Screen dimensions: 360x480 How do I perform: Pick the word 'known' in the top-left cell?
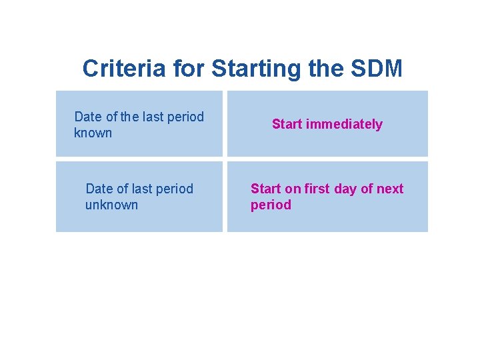tap(93, 133)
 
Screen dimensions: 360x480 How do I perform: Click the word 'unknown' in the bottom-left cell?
tap(111, 205)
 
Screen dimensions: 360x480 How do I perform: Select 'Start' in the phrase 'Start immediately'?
tap(287, 124)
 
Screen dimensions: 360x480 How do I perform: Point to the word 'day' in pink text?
tap(345, 189)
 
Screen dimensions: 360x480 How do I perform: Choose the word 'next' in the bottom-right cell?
tap(390, 189)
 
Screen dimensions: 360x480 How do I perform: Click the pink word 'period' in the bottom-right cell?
tap(271, 205)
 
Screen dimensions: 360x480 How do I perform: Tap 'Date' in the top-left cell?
tap(89, 117)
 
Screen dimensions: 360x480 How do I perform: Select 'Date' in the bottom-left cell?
tap(100, 189)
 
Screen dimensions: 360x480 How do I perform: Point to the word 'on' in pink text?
tap(293, 189)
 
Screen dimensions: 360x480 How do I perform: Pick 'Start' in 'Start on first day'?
tap(265, 189)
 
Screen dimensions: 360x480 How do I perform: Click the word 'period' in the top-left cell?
tap(186, 117)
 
